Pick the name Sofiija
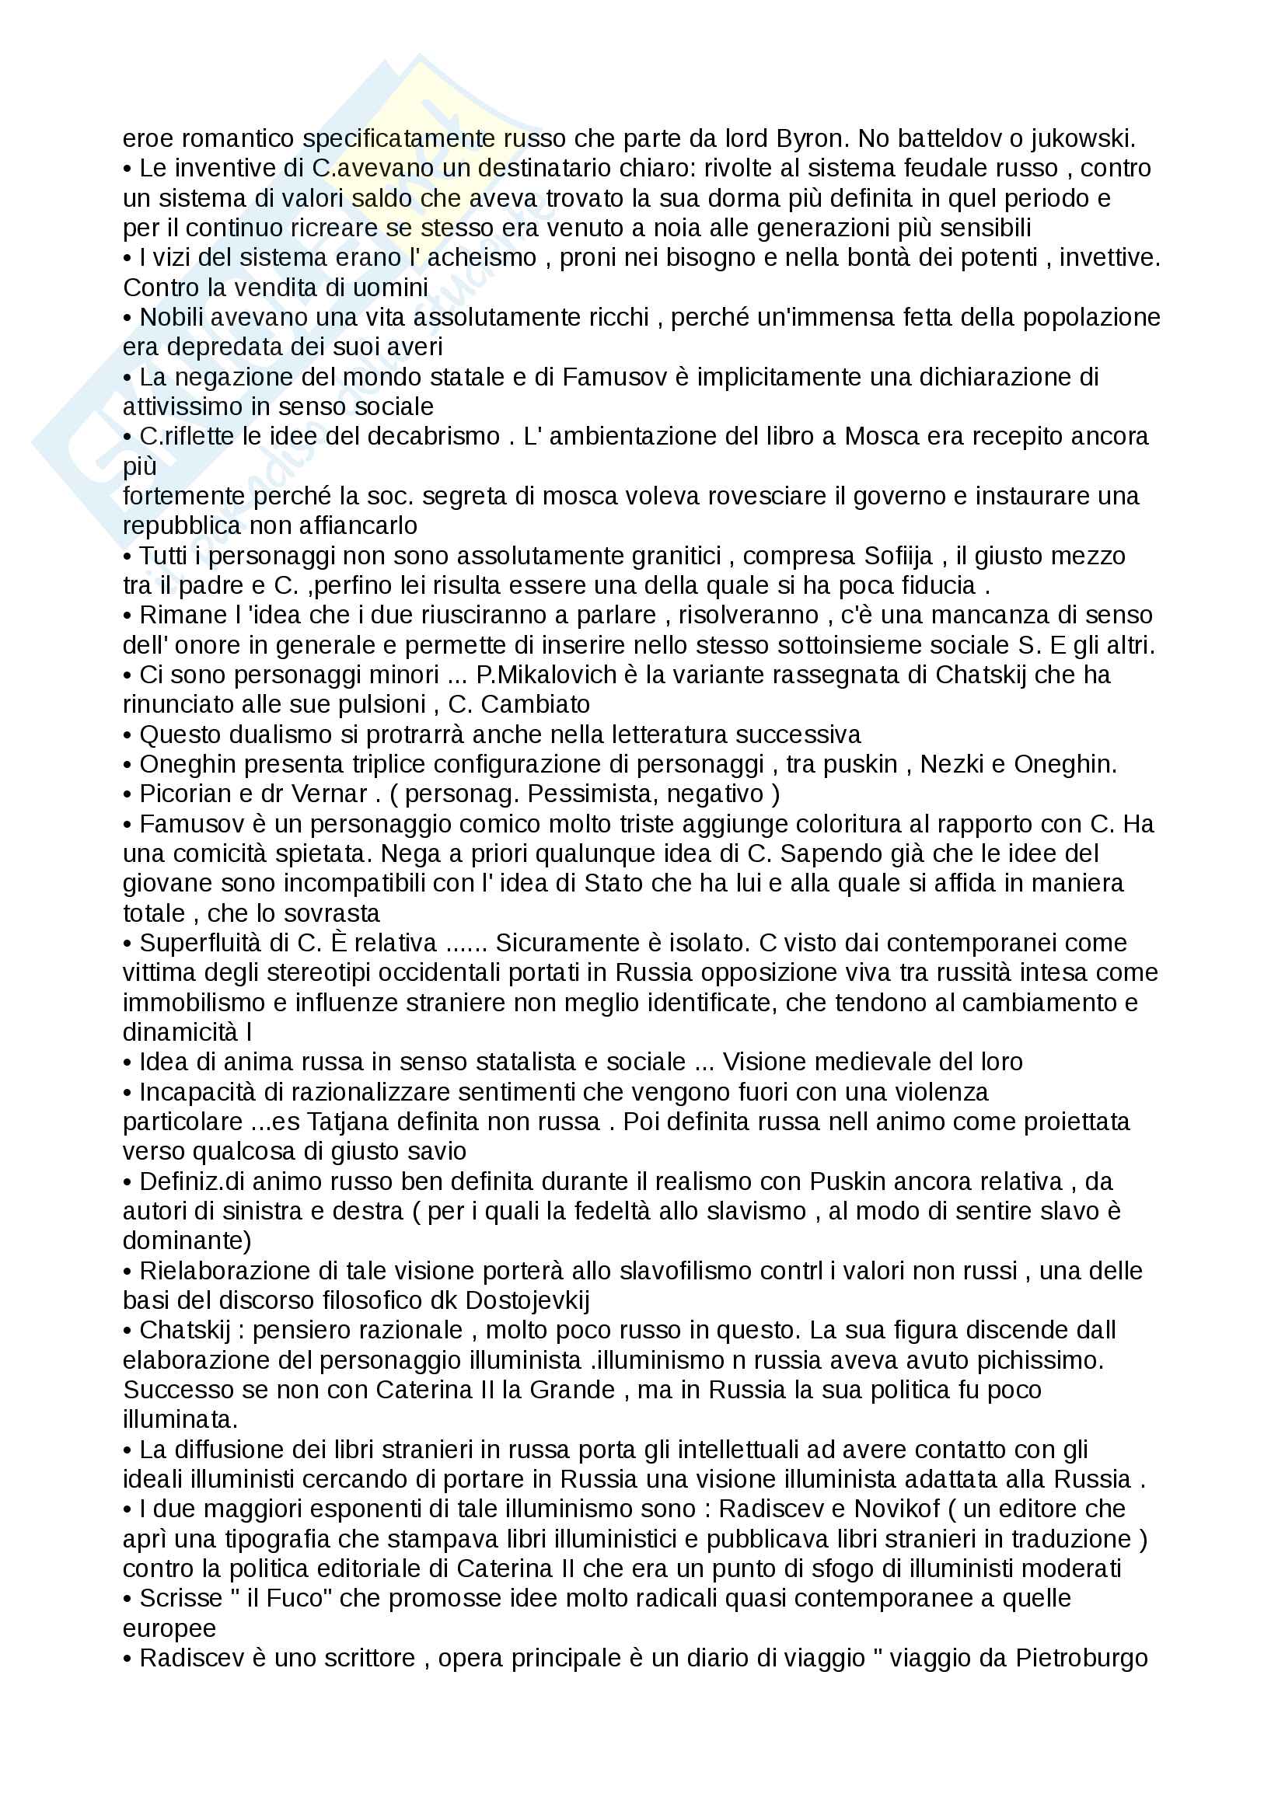point(899,556)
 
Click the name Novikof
point(896,1509)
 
